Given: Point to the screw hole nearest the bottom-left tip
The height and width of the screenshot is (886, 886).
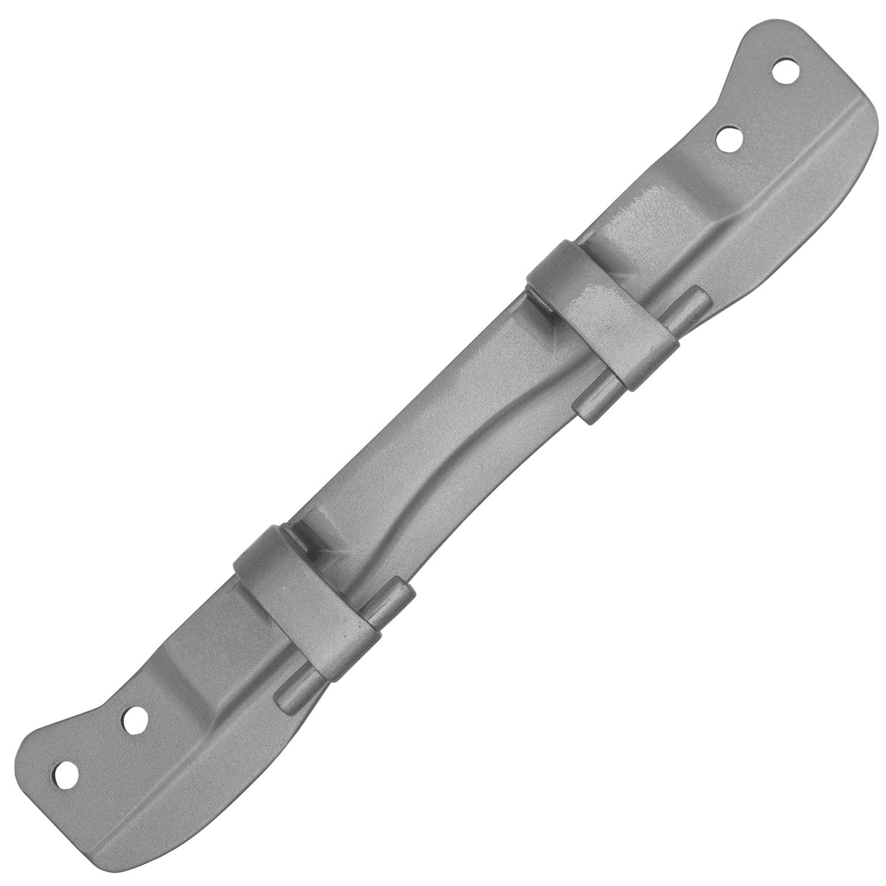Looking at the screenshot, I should pyautogui.click(x=64, y=771).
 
